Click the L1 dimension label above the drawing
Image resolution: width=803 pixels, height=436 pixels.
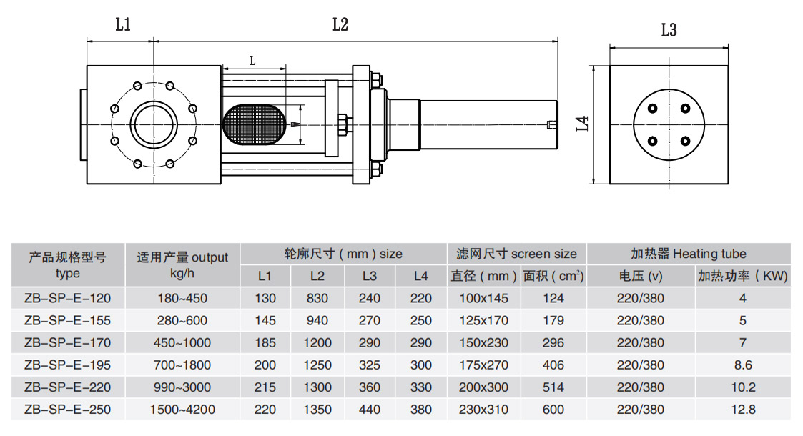[x=123, y=25]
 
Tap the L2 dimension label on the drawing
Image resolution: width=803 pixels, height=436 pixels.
[x=340, y=25]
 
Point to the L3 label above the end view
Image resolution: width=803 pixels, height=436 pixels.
[x=669, y=30]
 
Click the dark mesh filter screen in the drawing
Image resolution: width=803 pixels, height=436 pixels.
[x=255, y=124]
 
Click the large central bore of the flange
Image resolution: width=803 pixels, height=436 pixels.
[x=152, y=123]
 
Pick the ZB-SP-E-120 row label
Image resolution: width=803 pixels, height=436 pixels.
[x=68, y=298]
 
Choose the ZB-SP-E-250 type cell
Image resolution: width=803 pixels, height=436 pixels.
[x=68, y=410]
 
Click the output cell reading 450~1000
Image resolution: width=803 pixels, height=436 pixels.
[x=182, y=342]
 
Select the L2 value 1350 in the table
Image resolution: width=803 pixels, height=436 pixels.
[x=317, y=410]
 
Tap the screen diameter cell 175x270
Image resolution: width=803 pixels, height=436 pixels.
[x=484, y=365]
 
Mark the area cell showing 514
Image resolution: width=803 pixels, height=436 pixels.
[x=553, y=387]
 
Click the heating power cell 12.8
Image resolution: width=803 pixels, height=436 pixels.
[x=743, y=410]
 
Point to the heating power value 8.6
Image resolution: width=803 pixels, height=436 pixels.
[x=743, y=365]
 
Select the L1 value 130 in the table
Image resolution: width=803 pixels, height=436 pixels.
[x=265, y=298]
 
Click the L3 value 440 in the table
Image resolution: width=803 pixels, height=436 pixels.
[x=370, y=410]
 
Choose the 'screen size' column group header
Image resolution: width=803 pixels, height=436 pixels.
[x=516, y=254]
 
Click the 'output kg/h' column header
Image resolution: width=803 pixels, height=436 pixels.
[x=182, y=264]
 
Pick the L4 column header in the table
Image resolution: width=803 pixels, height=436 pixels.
[x=421, y=276]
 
